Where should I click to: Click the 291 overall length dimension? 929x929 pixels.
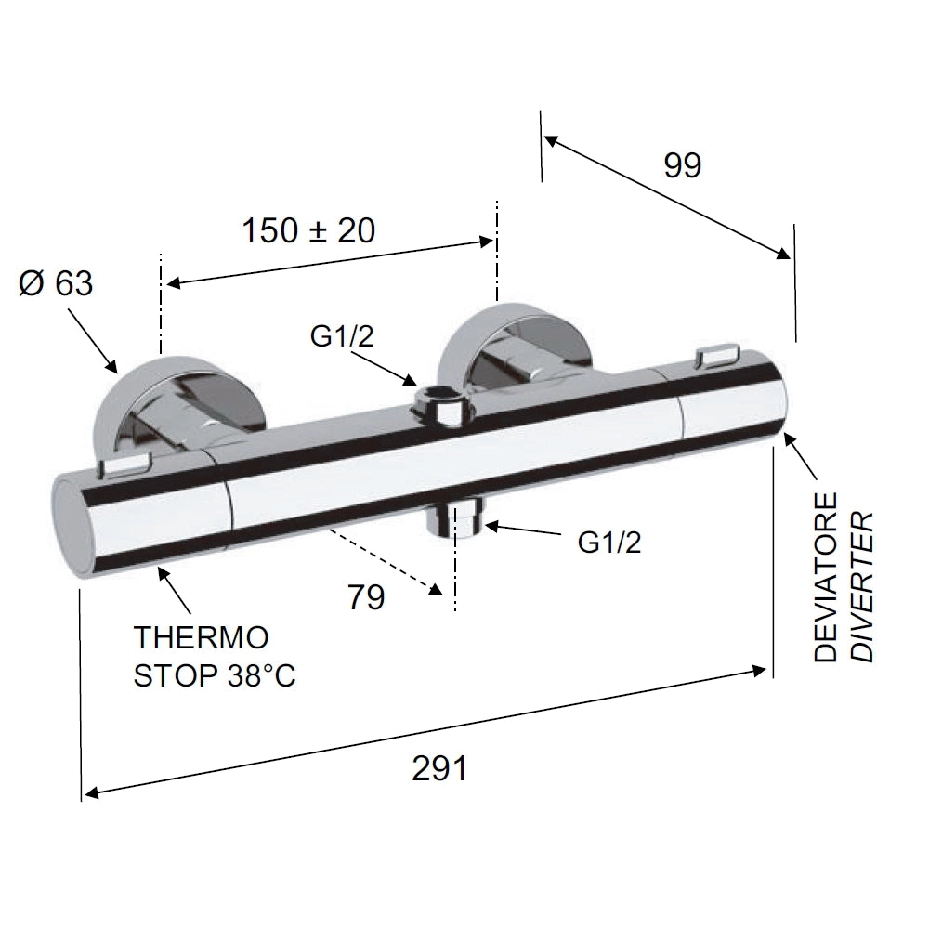tap(439, 769)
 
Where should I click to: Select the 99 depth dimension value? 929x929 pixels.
tap(683, 165)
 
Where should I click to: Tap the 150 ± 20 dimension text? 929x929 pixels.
tap(308, 231)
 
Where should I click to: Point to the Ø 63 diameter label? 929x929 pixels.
tap(56, 283)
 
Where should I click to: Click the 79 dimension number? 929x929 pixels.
tap(366, 596)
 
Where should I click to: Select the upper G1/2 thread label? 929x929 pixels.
tap(342, 336)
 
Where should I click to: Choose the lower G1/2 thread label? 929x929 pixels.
tap(609, 543)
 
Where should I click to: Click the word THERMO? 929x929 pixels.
tap(202, 637)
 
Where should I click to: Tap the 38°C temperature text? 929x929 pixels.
tap(261, 675)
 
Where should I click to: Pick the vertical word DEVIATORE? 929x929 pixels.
tap(825, 577)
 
